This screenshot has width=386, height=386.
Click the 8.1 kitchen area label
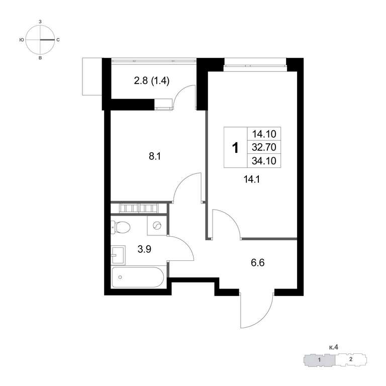[x=155, y=156]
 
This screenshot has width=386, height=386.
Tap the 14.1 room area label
[x=252, y=179]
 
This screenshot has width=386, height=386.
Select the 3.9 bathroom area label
[x=144, y=249]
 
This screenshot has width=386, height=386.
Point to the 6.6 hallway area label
[x=257, y=263]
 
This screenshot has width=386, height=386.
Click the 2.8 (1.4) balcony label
[x=152, y=81]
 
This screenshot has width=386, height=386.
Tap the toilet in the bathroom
[x=120, y=227]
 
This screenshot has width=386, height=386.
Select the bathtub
[x=138, y=277]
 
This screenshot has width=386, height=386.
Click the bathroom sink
[x=118, y=255]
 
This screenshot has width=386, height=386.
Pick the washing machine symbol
[x=157, y=225]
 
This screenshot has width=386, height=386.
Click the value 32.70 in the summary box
[x=264, y=147]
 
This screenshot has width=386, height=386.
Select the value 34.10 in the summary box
[x=264, y=161]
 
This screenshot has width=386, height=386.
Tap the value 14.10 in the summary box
[x=264, y=134]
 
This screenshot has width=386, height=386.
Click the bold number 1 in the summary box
[x=236, y=148]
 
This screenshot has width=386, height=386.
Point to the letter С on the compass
[x=58, y=40]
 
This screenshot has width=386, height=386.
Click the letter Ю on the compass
[x=22, y=40]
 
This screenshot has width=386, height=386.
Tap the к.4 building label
[x=334, y=347]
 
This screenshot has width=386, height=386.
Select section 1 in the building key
[x=319, y=360]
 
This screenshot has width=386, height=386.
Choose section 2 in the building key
[x=351, y=359]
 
